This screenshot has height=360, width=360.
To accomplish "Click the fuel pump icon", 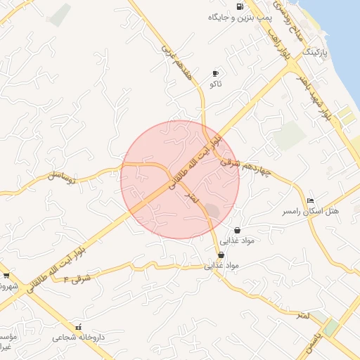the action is coord(241,6).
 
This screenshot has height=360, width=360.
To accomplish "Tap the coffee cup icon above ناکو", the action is coord(215,73).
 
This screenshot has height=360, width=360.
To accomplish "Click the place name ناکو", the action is coord(215,84).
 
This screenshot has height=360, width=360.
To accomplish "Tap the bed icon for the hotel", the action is coord(311,200).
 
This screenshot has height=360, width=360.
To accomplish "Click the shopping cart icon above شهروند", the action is coord(6,275).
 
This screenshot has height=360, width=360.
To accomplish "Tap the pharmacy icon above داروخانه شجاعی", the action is coord(78,327).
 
